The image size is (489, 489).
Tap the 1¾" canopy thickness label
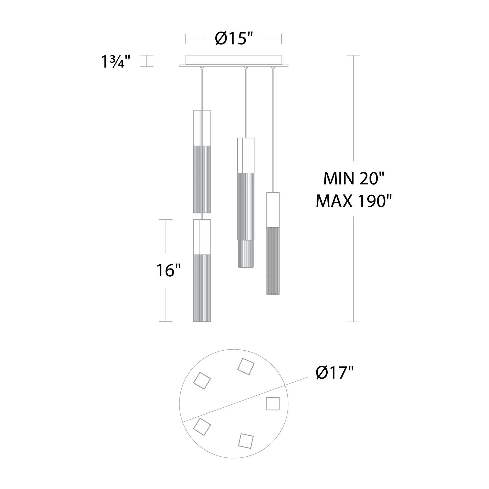pyautogui.click(x=115, y=61)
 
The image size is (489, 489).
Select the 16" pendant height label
pyautogui.click(x=168, y=270)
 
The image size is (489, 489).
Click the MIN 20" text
pyautogui.click(x=354, y=178)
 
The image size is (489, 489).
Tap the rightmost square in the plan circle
pyautogui.click(x=273, y=403)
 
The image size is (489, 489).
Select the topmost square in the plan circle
pyautogui.click(x=246, y=366)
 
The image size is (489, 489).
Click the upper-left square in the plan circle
pyautogui.click(x=202, y=380)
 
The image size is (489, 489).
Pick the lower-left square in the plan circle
pyautogui.click(x=202, y=426)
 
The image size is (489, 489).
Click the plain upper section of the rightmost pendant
pyautogui.click(x=273, y=210)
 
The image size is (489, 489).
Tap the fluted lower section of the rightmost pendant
pyautogui.click(x=273, y=261)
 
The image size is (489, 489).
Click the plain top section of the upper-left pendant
pyautogui.click(x=202, y=128)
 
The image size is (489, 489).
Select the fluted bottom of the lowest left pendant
pyautogui.click(x=202, y=288)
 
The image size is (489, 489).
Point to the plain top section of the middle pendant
pyautogui.click(x=246, y=156)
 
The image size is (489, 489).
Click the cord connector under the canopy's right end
pyautogui.click(x=273, y=68)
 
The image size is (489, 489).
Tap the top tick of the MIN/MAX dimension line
pyautogui.click(x=353, y=55)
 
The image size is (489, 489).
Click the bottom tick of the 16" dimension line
pyautogui.click(x=166, y=322)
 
